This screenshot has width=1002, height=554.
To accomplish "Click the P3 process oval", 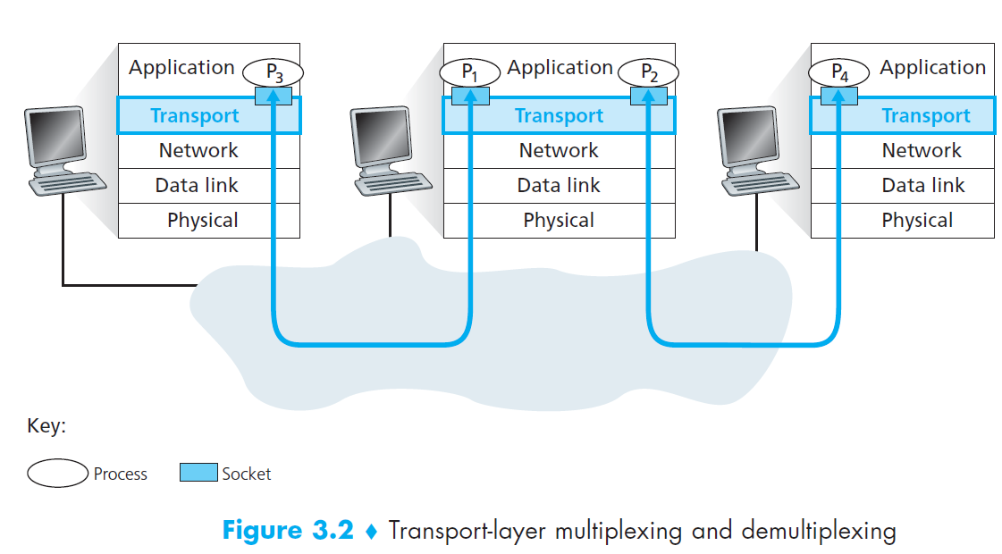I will (x=273, y=72).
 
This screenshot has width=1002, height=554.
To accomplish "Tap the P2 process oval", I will (x=648, y=72).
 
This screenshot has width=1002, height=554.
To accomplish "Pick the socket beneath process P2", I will (x=648, y=96).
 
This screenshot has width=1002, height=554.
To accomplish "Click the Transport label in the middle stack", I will (x=559, y=116).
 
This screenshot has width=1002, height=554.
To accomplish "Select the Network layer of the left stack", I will (x=198, y=151).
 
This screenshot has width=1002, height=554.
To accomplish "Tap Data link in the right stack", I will (x=922, y=186).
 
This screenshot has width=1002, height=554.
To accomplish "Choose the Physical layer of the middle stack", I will (x=559, y=221).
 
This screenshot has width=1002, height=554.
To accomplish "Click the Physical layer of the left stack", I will (x=203, y=221).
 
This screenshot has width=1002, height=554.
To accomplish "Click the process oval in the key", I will (x=57, y=474).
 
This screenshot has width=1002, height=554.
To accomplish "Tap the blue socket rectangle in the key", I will (x=198, y=473).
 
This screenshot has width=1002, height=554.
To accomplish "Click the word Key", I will (x=46, y=426).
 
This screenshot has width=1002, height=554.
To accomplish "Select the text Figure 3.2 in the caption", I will (x=288, y=531).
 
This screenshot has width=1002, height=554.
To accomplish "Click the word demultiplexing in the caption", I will (x=818, y=532).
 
